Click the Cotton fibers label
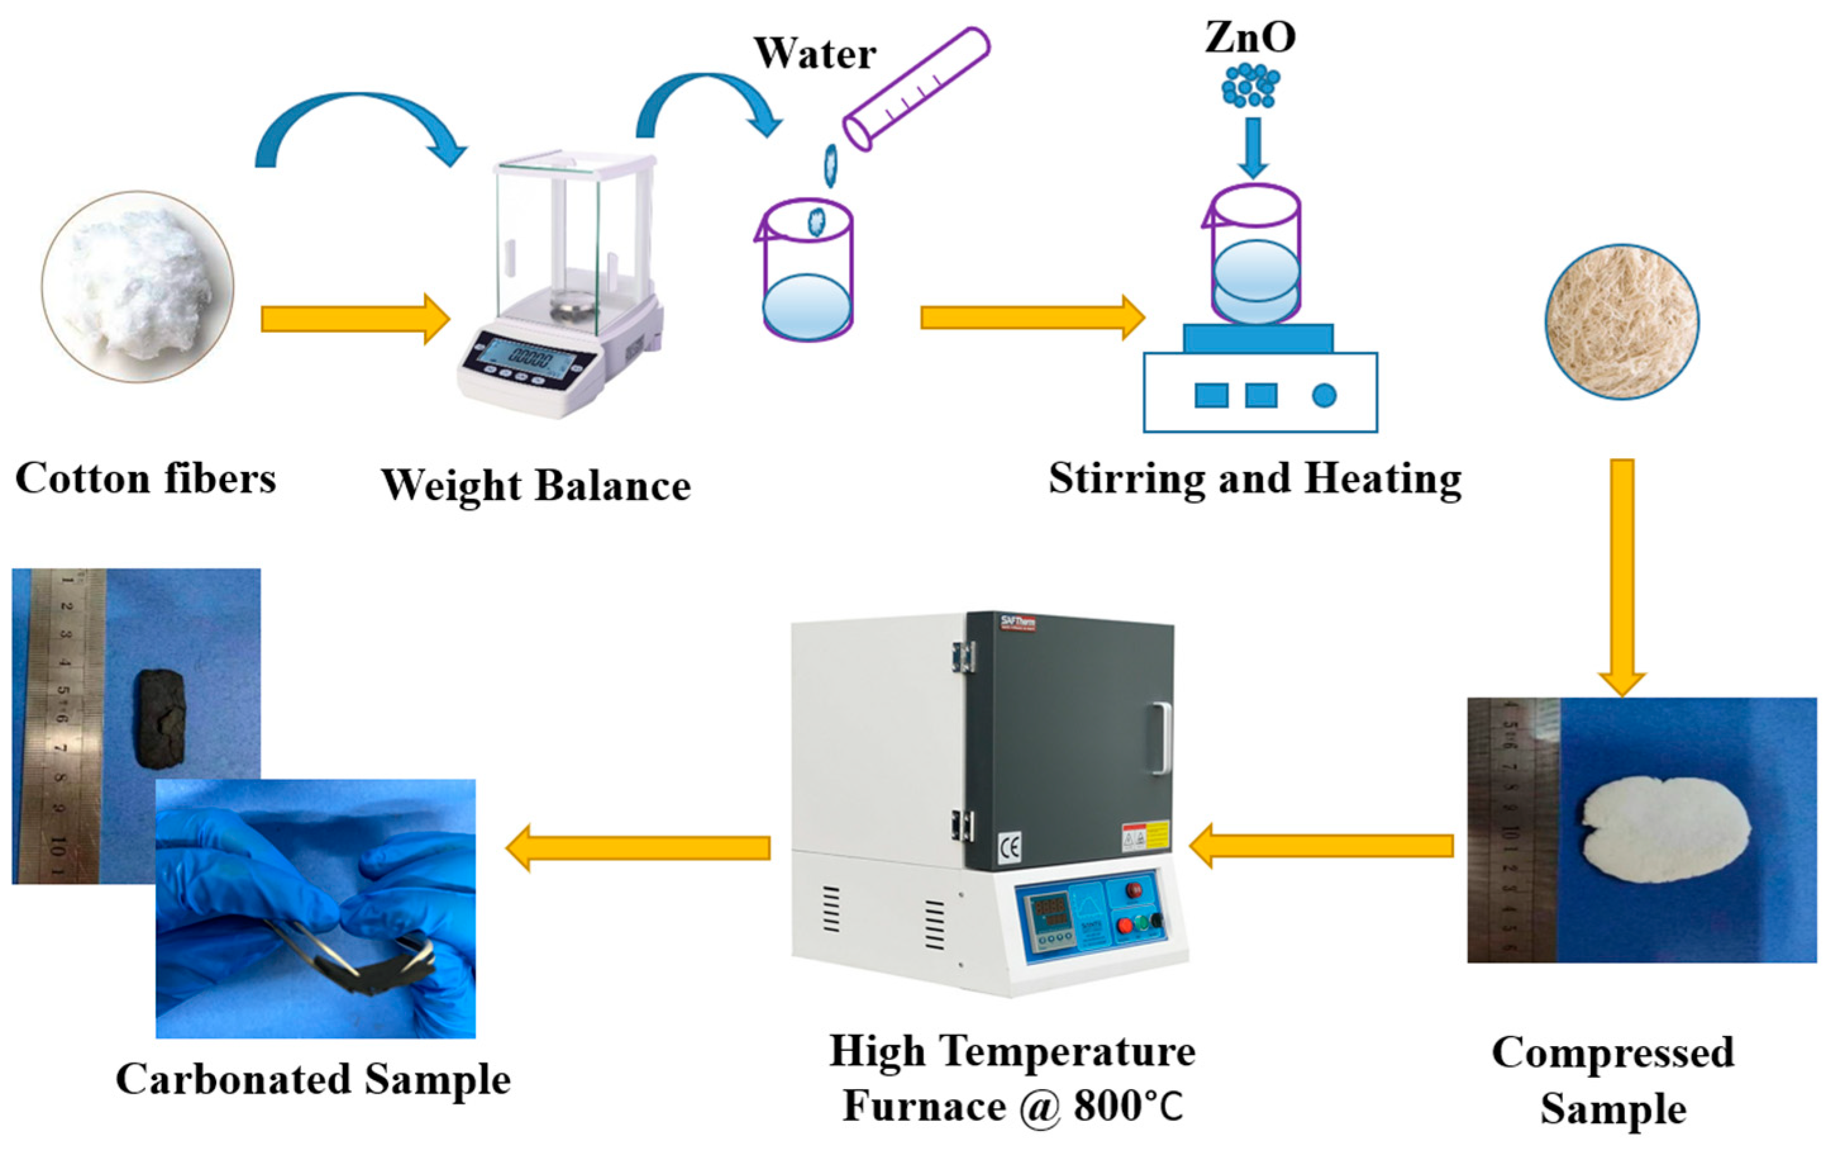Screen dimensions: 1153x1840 click(145, 479)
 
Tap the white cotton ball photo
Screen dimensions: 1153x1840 click(138, 286)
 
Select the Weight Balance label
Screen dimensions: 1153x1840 click(536, 485)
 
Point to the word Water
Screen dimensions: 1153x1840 click(815, 53)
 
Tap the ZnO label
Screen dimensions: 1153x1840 click(1250, 37)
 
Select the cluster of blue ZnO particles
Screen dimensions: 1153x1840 click(1250, 85)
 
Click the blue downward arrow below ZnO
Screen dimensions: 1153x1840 click(1252, 148)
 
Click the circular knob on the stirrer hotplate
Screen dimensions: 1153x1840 click(1324, 395)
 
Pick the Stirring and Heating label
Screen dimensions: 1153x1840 click(1255, 479)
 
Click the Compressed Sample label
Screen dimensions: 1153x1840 click(1613, 1080)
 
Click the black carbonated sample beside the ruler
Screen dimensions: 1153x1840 click(160, 717)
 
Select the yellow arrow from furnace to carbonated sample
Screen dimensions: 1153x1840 click(638, 847)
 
